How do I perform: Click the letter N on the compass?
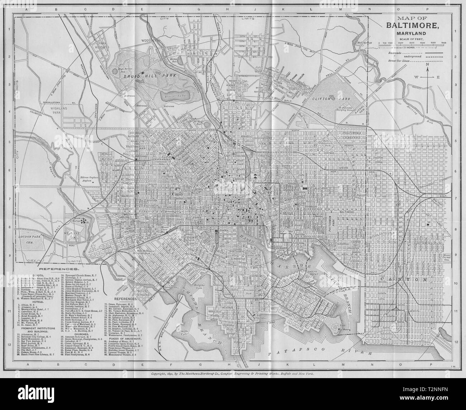[x=427, y=64]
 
